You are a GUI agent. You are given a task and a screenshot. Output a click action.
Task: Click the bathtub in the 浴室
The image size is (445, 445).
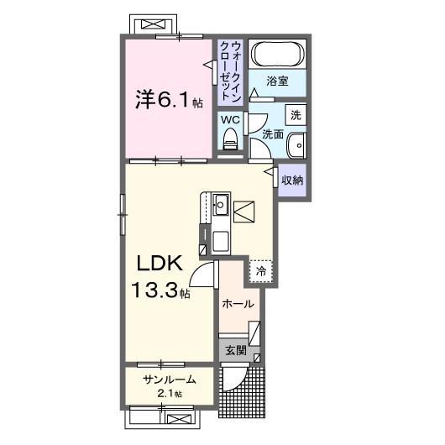click(277, 54)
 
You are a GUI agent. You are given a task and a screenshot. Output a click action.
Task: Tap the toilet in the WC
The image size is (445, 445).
click(230, 139)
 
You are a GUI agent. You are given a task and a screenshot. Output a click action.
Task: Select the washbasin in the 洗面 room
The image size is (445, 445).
click(297, 145)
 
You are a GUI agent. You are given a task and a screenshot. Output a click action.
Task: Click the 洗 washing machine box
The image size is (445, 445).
click(296, 115)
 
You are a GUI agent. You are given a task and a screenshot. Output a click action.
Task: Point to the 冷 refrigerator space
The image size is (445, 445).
click(261, 271)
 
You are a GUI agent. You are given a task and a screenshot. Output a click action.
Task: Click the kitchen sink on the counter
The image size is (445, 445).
click(221, 205)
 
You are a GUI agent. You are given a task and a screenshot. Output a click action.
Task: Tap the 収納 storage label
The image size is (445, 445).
click(292, 181)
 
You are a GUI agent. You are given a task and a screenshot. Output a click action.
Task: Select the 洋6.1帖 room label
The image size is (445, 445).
click(169, 100)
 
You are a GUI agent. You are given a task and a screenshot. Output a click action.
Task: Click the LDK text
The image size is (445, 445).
click(160, 263)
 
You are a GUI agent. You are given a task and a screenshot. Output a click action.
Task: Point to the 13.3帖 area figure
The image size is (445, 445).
click(160, 290)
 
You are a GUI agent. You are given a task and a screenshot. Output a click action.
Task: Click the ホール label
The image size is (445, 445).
click(238, 304)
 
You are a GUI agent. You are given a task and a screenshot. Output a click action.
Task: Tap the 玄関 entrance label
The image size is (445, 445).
click(236, 351)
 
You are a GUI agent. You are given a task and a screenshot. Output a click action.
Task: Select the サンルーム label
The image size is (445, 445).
click(170, 380)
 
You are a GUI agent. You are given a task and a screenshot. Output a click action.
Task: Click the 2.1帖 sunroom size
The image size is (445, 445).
click(170, 394)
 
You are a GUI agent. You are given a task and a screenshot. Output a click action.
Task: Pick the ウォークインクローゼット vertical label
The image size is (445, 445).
click(230, 71)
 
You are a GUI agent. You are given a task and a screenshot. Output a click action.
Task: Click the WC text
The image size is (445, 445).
click(230, 120)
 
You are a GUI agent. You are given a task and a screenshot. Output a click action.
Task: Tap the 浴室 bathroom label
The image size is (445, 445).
click(277, 81)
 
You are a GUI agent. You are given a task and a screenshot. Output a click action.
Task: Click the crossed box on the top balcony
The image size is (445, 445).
click(154, 24)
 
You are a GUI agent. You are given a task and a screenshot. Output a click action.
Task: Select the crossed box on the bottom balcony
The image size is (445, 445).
click(180, 419)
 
